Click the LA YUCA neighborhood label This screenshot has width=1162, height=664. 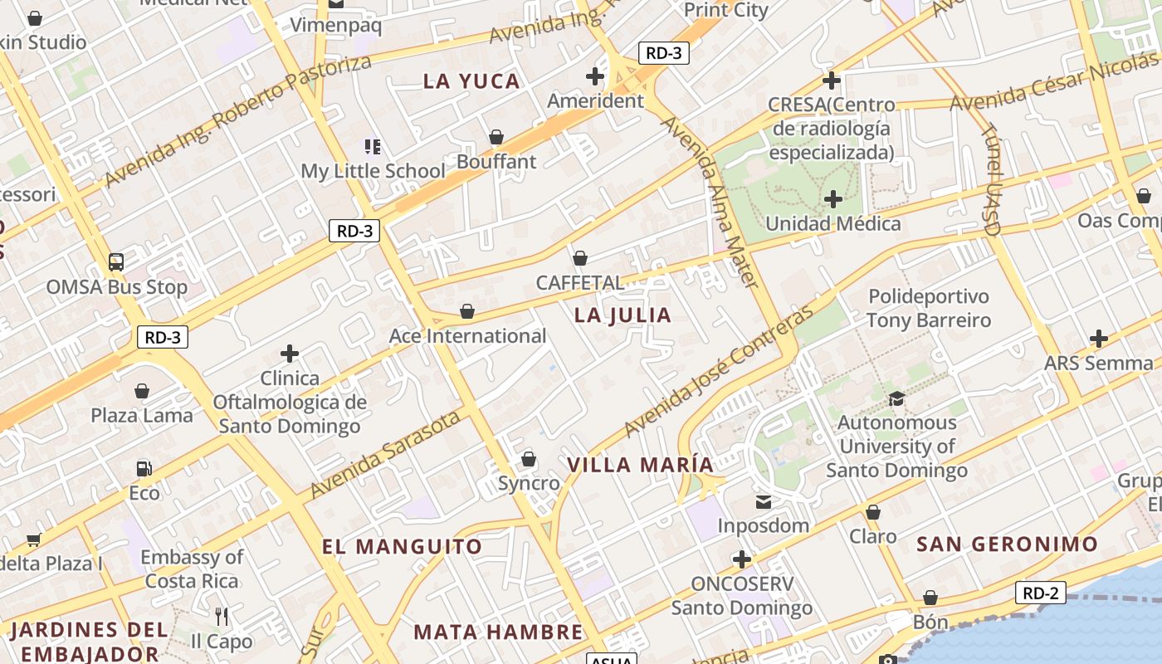(471, 81)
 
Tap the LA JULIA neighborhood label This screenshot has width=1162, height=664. (622, 315)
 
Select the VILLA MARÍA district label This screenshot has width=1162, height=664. (641, 465)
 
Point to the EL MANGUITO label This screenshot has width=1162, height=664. (402, 547)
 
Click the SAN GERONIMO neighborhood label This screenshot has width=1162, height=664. (1008, 544)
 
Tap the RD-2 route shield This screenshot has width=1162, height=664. (1041, 593)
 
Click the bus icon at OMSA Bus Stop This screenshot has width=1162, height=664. (116, 262)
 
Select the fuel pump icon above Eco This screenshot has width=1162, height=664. (144, 468)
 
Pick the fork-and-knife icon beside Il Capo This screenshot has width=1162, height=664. (221, 617)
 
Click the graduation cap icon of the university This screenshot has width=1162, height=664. (896, 398)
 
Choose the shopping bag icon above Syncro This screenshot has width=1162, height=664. (529, 459)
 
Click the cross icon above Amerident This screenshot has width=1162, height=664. (595, 76)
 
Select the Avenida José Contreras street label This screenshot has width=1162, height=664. (719, 372)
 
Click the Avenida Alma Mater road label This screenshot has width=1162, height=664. (710, 203)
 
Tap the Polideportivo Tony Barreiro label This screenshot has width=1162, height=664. (929, 308)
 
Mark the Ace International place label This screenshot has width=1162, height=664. (467, 336)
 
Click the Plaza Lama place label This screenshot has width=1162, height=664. (142, 415)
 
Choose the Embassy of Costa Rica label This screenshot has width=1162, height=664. (192, 569)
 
